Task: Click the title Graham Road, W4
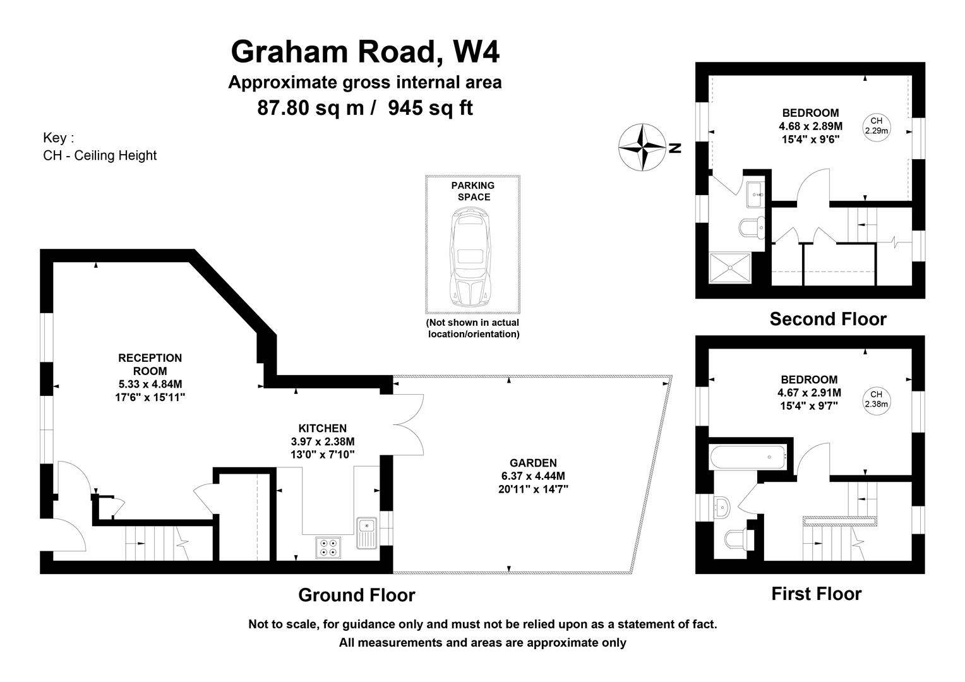pos(365,52)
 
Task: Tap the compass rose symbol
pos(642,148)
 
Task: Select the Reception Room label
pos(150,365)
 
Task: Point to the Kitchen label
pos(322,428)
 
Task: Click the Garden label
pos(533,463)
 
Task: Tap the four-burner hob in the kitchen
pos(328,547)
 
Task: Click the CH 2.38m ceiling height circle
pos(876,399)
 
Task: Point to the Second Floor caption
pos(827,320)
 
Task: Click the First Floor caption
pos(816,594)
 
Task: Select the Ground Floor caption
pos(356,595)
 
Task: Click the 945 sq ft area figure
pos(430,108)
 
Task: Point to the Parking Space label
pos(472,191)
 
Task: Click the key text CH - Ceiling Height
pos(100,155)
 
